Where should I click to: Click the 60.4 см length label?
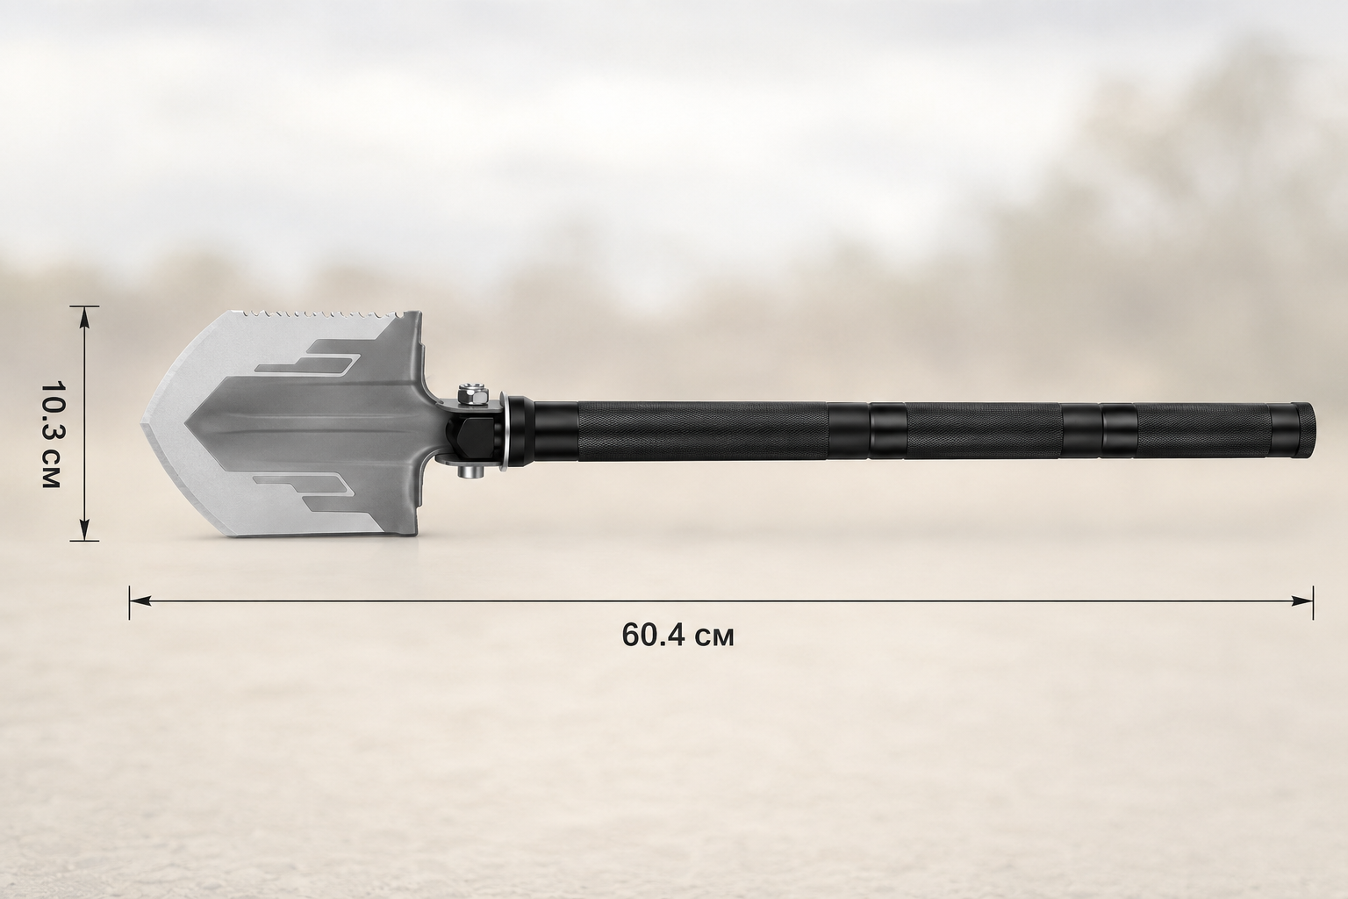click(678, 636)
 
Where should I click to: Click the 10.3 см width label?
click(51, 435)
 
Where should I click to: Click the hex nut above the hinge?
click(472, 395)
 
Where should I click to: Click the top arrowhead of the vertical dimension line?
click(84, 317)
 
